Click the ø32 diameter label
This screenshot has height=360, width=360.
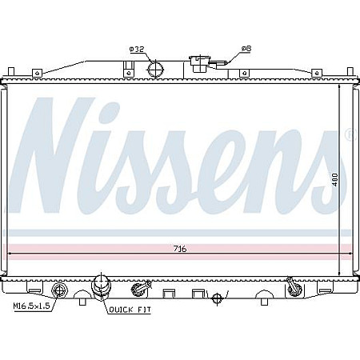(x=137, y=49)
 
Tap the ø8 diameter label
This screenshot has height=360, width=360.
(x=246, y=49)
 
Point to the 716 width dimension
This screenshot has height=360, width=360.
(x=180, y=249)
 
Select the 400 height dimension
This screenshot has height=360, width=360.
(x=335, y=179)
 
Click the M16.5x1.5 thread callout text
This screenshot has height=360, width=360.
(x=32, y=306)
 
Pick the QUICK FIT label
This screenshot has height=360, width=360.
(x=130, y=310)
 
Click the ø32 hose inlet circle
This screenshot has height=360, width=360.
(x=156, y=69)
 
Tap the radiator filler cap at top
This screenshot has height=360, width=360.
(x=198, y=64)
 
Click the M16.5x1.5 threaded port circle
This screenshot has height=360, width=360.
(x=58, y=290)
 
